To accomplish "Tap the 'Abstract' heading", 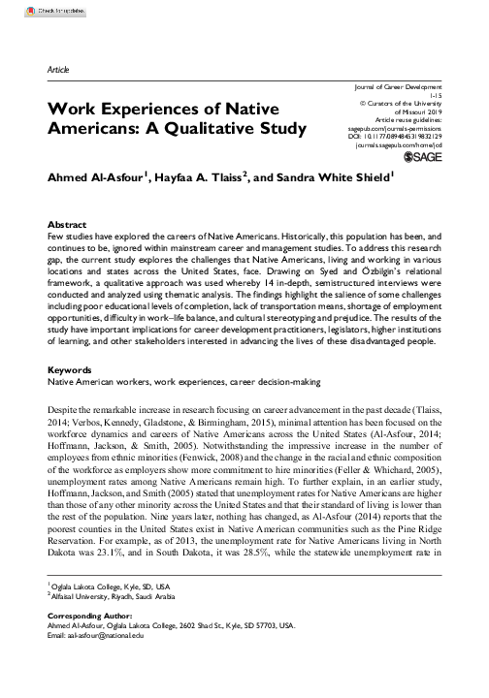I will coord(69,222).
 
